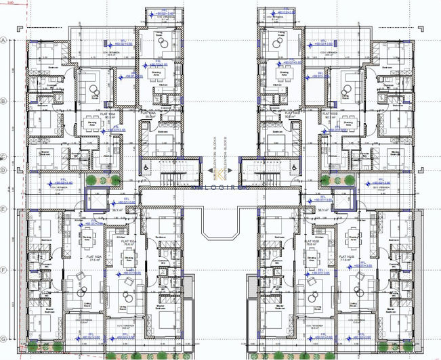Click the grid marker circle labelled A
click(3, 40)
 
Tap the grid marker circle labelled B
click(3, 102)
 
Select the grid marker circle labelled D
click(3, 171)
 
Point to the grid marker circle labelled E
click(3, 210)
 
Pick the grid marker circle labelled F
click(3, 270)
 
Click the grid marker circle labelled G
click(3, 338)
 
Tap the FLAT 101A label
click(129, 258)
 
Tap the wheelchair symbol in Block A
click(145, 166)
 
